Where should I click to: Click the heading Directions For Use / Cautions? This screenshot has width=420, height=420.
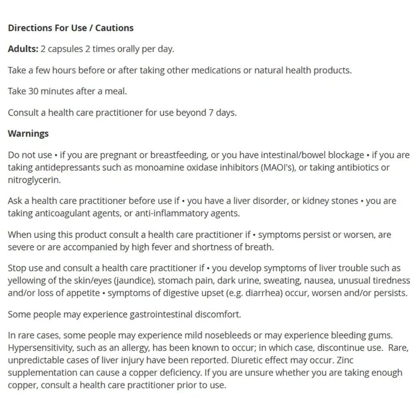click(71, 28)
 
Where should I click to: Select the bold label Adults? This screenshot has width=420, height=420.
click(23, 49)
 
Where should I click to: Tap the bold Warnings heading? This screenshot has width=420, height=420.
click(28, 134)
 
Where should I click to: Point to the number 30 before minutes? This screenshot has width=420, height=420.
click(34, 92)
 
